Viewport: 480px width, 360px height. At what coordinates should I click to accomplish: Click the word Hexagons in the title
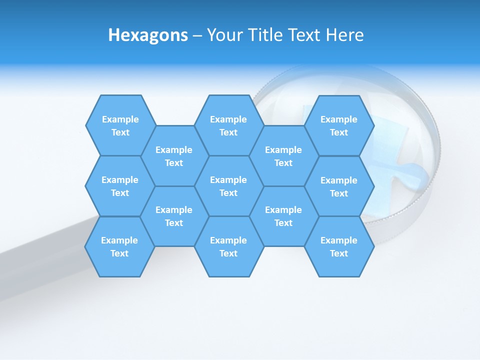point(148,35)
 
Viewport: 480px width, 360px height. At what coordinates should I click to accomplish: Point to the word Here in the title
point(345,35)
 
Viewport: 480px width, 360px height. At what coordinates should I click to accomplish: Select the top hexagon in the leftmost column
point(120,125)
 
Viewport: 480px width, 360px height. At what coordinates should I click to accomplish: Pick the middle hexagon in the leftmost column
point(120,186)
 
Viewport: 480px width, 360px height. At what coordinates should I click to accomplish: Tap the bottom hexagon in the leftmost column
point(119,246)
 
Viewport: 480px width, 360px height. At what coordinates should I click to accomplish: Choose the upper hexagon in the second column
point(174,156)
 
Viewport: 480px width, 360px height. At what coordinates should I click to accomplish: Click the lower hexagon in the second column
point(174,216)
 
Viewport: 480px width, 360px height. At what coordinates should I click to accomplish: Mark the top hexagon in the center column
point(228,125)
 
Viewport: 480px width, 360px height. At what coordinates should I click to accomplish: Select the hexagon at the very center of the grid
point(228,186)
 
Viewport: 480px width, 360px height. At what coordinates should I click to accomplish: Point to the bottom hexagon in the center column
point(228,246)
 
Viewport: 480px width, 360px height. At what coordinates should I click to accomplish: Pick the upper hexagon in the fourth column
point(283,156)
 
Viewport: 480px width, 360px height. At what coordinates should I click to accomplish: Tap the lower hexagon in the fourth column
point(283,216)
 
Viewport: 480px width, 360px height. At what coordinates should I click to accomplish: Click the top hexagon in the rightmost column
point(339,125)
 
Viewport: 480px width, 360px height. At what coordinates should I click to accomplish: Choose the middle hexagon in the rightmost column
point(339,186)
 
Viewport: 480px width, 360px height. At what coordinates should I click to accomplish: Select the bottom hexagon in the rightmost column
point(339,246)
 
